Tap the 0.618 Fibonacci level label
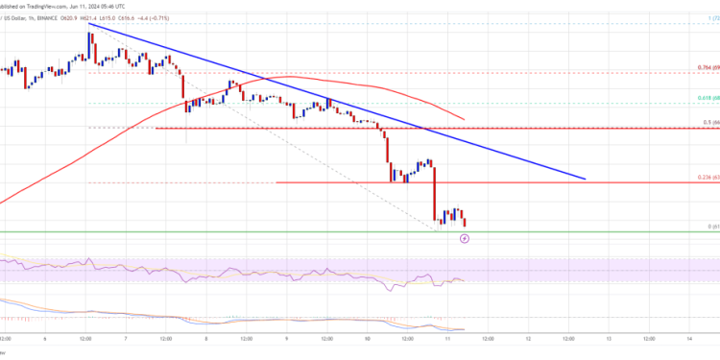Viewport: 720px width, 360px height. click(705, 98)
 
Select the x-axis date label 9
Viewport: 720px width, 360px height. click(288, 337)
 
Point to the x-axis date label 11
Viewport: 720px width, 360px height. click(449, 337)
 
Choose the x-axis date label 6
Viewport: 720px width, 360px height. click(46, 337)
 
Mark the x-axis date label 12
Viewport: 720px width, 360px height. click(530, 337)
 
